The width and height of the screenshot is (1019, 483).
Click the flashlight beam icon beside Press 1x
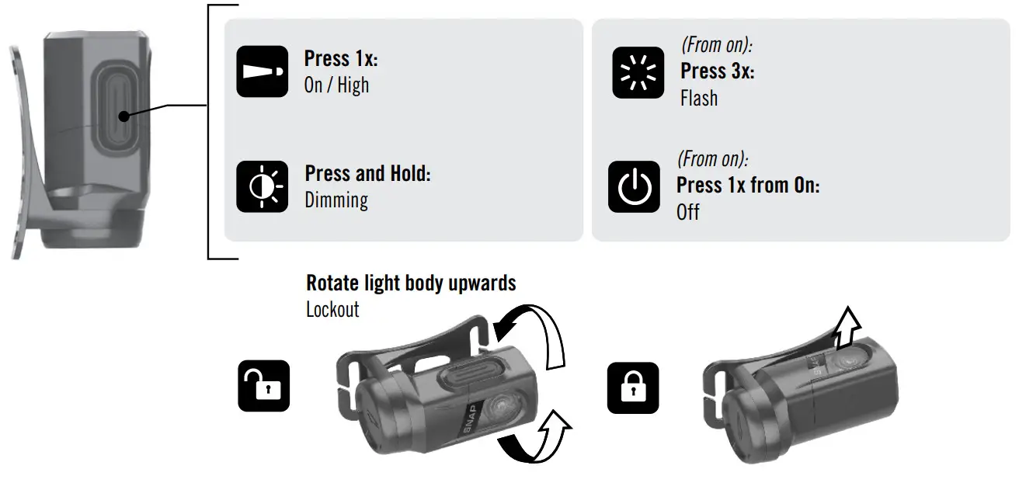(x=261, y=71)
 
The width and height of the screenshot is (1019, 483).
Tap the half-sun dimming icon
(x=262, y=186)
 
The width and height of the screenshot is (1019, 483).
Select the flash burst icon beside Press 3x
(x=638, y=72)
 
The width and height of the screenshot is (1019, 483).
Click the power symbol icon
(x=634, y=186)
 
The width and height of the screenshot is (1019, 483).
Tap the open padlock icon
(x=263, y=385)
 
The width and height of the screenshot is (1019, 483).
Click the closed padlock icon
(x=632, y=387)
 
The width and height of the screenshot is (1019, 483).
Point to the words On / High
(x=336, y=85)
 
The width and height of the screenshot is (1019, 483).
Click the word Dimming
(x=336, y=200)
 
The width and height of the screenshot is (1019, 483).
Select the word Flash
(x=699, y=99)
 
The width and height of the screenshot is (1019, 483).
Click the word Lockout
(x=332, y=310)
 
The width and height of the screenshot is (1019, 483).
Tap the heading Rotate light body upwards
(x=411, y=283)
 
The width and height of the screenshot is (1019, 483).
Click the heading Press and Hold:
(x=367, y=173)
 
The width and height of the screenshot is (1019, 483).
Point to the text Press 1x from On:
(x=748, y=186)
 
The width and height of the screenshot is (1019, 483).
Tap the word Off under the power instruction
(x=688, y=212)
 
